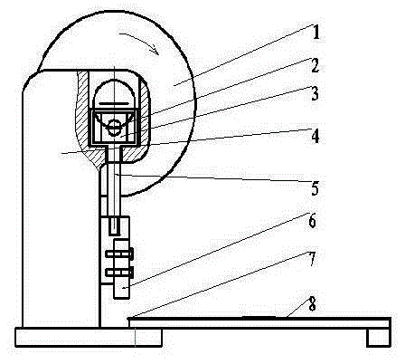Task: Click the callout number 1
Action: pyautogui.click(x=316, y=33)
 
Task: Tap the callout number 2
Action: pyautogui.click(x=315, y=65)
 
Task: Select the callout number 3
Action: pyautogui.click(x=315, y=93)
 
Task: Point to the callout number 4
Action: pyautogui.click(x=315, y=136)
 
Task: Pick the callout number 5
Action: pyautogui.click(x=315, y=188)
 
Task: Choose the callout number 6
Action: pyautogui.click(x=312, y=221)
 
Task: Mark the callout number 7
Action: pyautogui.click(x=312, y=260)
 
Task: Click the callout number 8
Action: pyautogui.click(x=312, y=304)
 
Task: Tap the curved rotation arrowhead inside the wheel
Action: pyautogui.click(x=155, y=50)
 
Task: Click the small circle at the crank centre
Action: pyautogui.click(x=114, y=128)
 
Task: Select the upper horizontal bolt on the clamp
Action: pyautogui.click(x=119, y=254)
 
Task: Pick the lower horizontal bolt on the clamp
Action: pyautogui.click(x=119, y=273)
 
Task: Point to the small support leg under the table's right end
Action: pyautogui.click(x=379, y=337)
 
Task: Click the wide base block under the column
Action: pyautogui.click(x=89, y=337)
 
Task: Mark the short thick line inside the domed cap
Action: pyautogui.click(x=114, y=103)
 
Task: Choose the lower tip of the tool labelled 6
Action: pyautogui.click(x=122, y=298)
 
